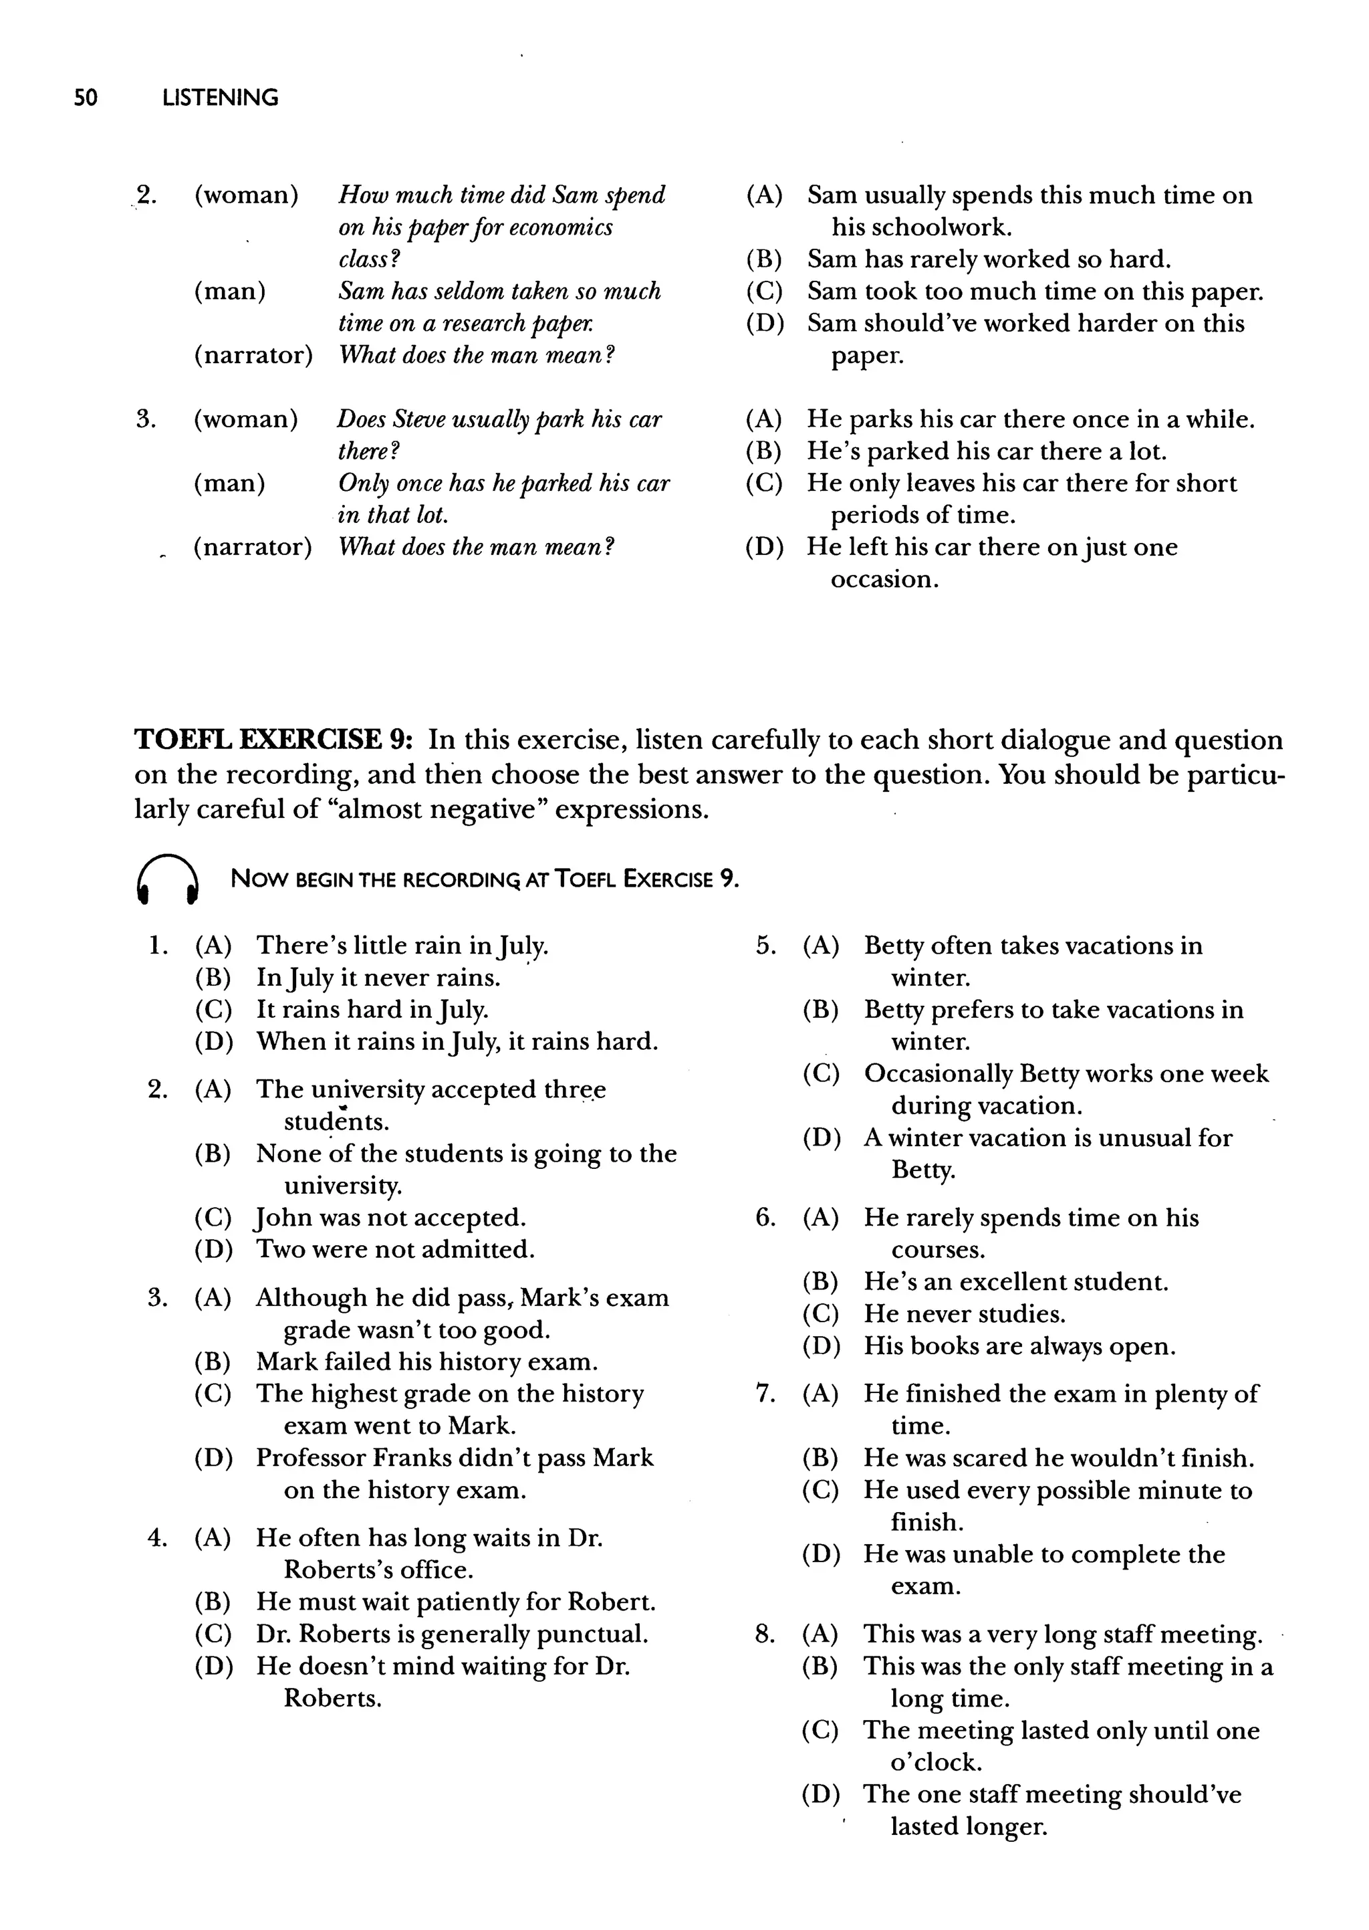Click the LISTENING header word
click(x=220, y=98)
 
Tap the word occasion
click(x=884, y=580)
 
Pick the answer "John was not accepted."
click(x=391, y=1218)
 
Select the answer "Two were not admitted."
click(x=395, y=1250)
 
